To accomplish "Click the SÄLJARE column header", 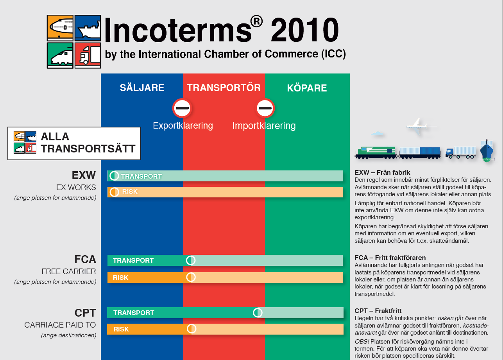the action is [x=142, y=87].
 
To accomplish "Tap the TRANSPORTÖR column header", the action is [x=224, y=87].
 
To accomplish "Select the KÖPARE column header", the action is [x=307, y=88].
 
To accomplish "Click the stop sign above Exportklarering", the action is [x=182, y=108].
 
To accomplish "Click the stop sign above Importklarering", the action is [x=265, y=108].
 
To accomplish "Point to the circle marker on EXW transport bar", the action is [x=114, y=176].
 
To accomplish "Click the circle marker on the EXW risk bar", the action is [x=114, y=192].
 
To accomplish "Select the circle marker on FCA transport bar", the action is [x=191, y=260].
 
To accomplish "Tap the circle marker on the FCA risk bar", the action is [x=191, y=278].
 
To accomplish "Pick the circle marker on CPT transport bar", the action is [x=258, y=313].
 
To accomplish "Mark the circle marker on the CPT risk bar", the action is [x=192, y=329].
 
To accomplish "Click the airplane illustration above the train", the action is [x=417, y=126].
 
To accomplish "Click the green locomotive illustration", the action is [x=376, y=153].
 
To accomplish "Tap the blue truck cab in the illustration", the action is [x=449, y=154].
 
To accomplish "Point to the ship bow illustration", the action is [x=487, y=151].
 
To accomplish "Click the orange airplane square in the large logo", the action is [x=60, y=28].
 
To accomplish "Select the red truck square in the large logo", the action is [x=88, y=55].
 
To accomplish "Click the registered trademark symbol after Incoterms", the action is [x=256, y=21].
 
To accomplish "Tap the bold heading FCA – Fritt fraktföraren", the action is [x=390, y=258].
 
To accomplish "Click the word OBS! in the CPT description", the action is [x=362, y=341].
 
